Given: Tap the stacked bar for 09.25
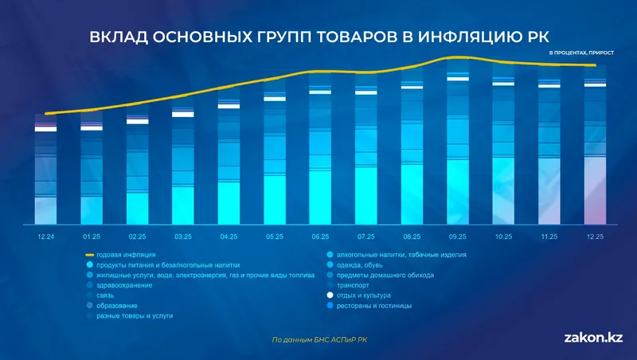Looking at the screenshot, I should [457, 151].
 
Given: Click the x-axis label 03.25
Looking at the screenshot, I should [182, 237].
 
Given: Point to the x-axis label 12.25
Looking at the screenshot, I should [595, 237].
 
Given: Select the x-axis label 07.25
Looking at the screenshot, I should [365, 237].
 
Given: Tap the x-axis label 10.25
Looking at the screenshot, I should [503, 237].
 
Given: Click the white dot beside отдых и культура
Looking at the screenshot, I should [330, 295].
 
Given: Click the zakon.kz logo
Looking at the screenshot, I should [592, 338].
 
